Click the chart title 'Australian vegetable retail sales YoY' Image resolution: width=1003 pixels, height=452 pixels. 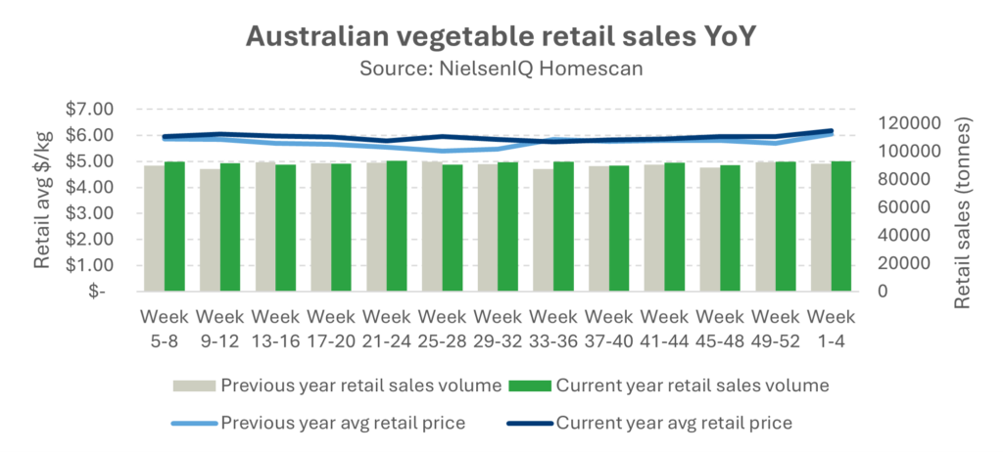click(x=501, y=36)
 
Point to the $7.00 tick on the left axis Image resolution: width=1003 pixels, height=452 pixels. click(x=88, y=109)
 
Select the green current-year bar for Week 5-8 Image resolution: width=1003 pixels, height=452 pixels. click(x=174, y=226)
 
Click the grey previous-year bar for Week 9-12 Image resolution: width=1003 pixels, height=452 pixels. click(x=210, y=230)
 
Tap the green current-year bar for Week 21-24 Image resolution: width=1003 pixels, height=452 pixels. click(x=397, y=226)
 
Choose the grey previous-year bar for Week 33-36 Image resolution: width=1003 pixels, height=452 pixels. click(x=543, y=230)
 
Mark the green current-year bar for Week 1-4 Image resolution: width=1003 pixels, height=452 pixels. click(x=840, y=226)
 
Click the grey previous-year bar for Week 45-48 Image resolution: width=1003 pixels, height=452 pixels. click(x=709, y=229)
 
